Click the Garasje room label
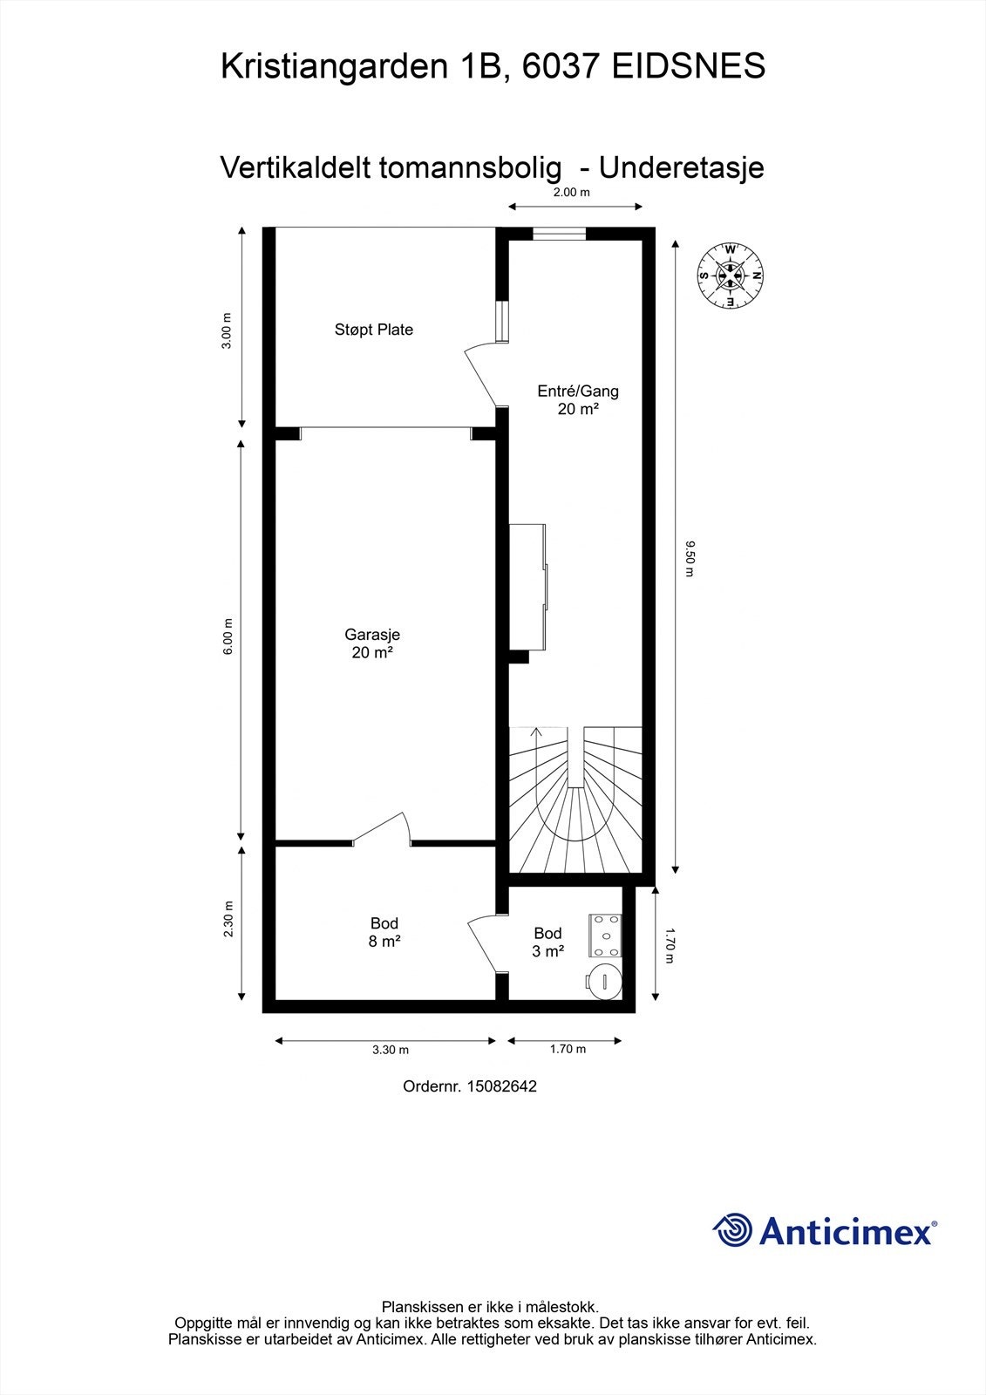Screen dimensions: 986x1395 pos(372,643)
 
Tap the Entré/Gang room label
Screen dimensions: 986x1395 pos(578,400)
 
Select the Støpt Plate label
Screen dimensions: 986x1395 pos(374,330)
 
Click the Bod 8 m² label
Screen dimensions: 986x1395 pos(384,932)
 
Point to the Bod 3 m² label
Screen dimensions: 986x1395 pos(548,942)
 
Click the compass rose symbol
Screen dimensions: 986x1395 pos(730,275)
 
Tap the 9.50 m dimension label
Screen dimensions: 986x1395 pos(689,559)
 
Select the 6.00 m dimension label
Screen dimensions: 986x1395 pos(228,636)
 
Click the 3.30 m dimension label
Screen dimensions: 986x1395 pos(391,1050)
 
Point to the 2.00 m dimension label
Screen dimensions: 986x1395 pos(572,192)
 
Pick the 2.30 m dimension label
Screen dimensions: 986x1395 pos(228,919)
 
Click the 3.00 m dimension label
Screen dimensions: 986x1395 pos(227,330)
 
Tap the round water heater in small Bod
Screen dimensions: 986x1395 pos(604,981)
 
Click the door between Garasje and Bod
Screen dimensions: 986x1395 pos(382,829)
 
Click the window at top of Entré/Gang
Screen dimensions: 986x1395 pos(560,234)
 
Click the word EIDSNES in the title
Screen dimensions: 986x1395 pos(688,66)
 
